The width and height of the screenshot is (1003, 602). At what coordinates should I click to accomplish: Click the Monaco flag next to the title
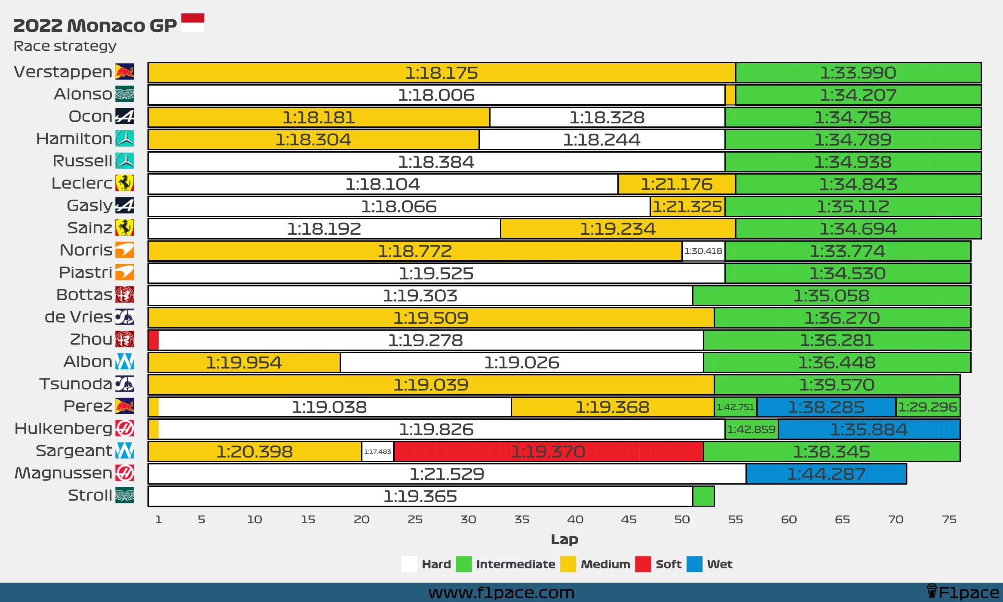[x=193, y=23]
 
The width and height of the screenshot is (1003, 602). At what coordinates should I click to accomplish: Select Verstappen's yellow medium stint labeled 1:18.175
[x=441, y=73]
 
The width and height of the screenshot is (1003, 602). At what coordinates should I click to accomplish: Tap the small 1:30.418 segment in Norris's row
[x=703, y=251]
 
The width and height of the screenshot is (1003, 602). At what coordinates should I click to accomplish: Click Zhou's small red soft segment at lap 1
[x=153, y=340]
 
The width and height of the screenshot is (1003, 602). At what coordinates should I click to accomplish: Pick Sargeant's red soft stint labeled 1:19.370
[x=548, y=451]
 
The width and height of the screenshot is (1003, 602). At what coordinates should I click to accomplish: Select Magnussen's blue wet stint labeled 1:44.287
[x=826, y=474]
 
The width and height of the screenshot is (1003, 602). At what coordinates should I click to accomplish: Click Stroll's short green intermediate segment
[x=704, y=496]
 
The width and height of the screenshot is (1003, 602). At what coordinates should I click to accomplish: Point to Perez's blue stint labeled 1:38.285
[x=826, y=407]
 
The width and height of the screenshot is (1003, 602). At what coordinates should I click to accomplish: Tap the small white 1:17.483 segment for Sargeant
[x=377, y=451]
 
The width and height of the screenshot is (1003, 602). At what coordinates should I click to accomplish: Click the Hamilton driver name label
[x=74, y=139]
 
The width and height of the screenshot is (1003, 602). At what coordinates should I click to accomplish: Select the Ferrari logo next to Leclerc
[x=125, y=183]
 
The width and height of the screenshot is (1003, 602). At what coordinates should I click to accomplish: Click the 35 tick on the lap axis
[x=521, y=519]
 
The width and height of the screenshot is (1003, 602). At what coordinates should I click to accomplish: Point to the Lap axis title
[x=564, y=539]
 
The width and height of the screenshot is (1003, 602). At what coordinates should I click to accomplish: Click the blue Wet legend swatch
[x=694, y=564]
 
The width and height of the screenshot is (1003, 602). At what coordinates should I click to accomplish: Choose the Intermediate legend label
[x=515, y=564]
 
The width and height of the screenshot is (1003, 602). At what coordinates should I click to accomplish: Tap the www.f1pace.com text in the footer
[x=501, y=593]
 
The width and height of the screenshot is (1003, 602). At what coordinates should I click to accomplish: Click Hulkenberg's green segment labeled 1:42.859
[x=751, y=429]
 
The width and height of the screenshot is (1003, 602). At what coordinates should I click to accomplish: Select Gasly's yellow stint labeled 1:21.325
[x=687, y=206]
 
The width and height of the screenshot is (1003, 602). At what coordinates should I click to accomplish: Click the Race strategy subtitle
[x=65, y=46]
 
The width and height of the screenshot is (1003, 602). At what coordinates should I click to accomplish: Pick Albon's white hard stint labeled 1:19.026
[x=521, y=362]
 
